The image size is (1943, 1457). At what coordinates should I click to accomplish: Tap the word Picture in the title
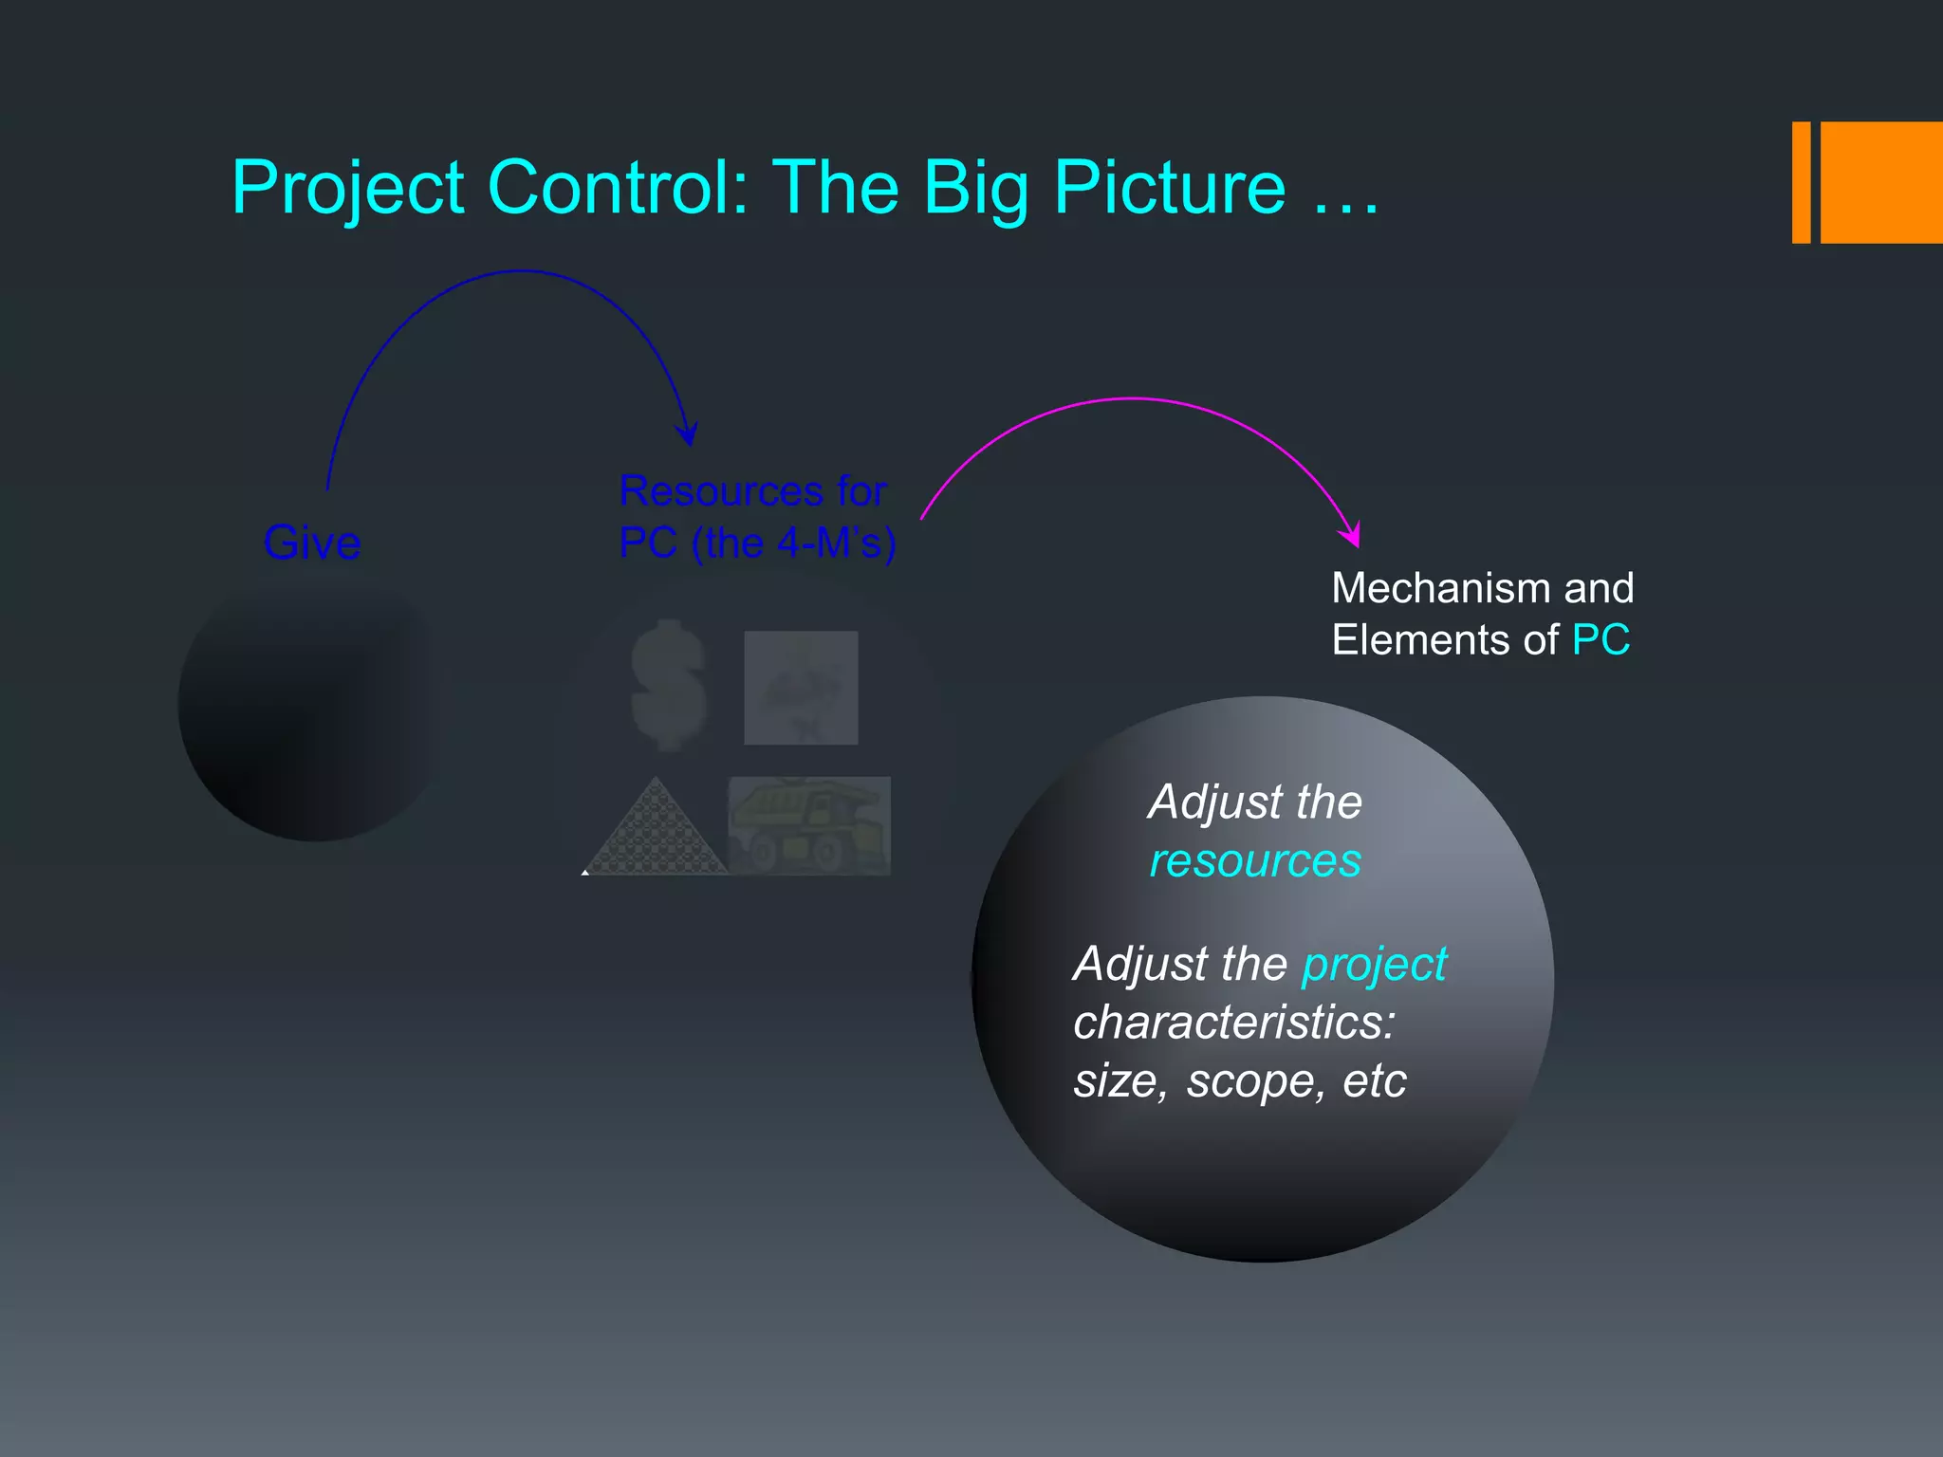(x=1169, y=188)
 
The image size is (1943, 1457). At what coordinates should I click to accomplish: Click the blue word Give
(x=312, y=543)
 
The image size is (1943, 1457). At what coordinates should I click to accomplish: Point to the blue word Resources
(x=721, y=491)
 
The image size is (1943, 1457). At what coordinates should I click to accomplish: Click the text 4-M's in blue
(x=817, y=544)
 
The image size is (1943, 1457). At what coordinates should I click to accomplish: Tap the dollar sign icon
(x=669, y=685)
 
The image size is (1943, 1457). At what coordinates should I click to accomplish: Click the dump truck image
(x=809, y=825)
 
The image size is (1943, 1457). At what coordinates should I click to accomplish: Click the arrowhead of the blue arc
(x=688, y=434)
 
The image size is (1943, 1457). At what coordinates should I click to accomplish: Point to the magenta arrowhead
(x=1351, y=535)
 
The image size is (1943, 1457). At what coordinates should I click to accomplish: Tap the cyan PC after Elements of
(x=1601, y=640)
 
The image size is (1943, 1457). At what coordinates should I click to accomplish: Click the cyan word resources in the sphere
(x=1254, y=861)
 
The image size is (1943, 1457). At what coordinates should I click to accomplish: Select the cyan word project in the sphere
(x=1374, y=965)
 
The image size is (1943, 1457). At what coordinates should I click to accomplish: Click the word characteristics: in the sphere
(x=1233, y=1023)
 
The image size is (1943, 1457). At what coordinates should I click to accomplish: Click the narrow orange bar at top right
(x=1801, y=182)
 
